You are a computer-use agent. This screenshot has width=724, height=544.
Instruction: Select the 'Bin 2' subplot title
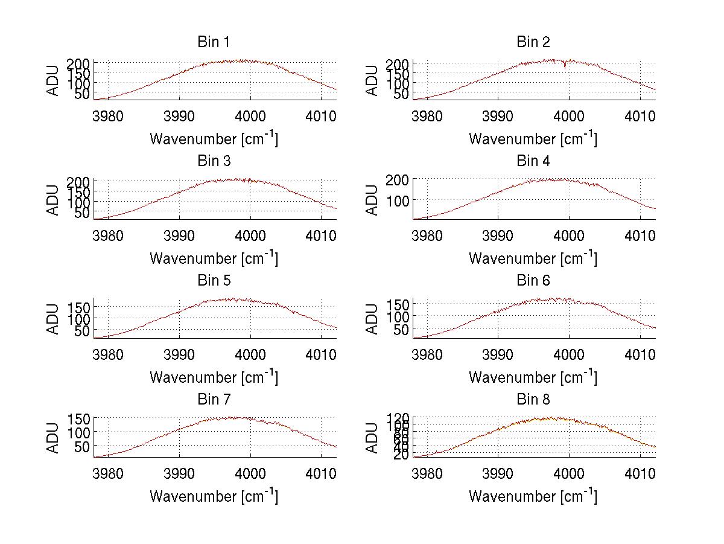click(x=533, y=42)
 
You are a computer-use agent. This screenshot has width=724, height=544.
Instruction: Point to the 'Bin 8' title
click(x=533, y=400)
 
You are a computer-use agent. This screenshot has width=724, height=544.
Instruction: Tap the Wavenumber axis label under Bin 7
click(x=214, y=496)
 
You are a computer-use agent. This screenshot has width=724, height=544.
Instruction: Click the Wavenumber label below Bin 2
click(x=533, y=139)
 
